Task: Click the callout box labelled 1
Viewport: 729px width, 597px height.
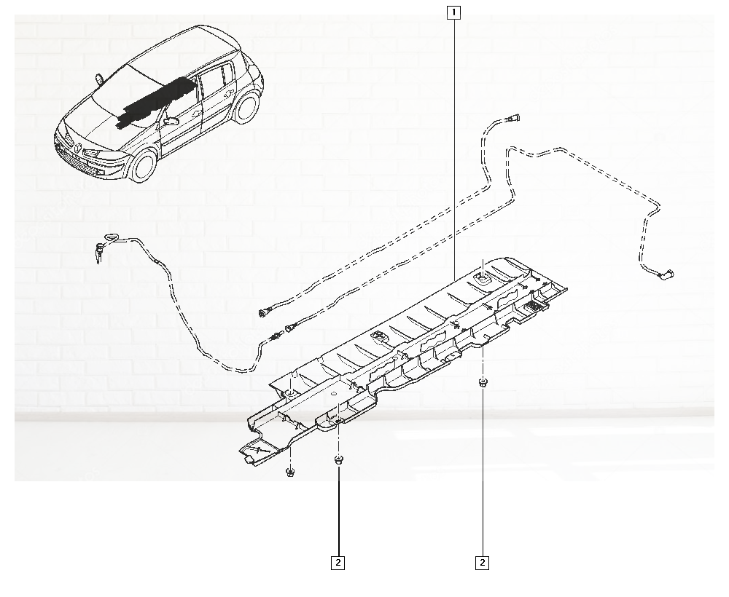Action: (x=453, y=12)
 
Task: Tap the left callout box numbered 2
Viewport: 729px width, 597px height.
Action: (x=338, y=563)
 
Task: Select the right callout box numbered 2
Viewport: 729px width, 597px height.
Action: (x=482, y=563)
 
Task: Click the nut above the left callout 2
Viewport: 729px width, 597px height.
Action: (x=338, y=459)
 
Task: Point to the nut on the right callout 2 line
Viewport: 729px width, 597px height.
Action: (x=482, y=382)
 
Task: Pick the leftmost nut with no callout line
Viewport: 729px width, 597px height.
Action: (x=290, y=473)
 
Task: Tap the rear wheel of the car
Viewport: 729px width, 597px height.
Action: (x=247, y=107)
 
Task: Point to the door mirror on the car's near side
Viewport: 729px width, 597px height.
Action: (x=171, y=121)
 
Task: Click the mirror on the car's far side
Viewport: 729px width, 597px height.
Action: (x=99, y=77)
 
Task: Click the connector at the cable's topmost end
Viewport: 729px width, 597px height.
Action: (x=514, y=118)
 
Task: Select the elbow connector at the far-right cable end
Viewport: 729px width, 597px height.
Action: (x=669, y=274)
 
